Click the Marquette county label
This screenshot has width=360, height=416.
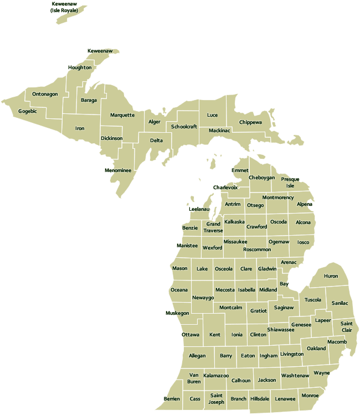tap(122, 115)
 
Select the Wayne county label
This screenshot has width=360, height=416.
tap(321, 373)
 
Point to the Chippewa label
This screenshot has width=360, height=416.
tap(250, 122)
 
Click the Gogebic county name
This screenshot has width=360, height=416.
tap(27, 111)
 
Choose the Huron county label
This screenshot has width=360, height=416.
tap(331, 276)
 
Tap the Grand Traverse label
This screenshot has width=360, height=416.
tap(213, 227)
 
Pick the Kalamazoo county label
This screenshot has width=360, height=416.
tap(216, 376)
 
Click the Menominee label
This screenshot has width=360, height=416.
tap(118, 170)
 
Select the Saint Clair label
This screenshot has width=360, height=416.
tap(346, 326)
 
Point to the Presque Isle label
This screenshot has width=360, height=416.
tap(290, 183)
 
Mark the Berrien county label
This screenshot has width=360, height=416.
tap(172, 399)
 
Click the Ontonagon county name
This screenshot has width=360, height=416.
tap(45, 94)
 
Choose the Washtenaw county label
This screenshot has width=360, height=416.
tap(295, 376)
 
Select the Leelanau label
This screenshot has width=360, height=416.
tap(199, 209)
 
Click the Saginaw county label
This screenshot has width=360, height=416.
tap(284, 308)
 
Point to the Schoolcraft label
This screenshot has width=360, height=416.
tap(184, 127)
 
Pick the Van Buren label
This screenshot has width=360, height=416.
tap(194, 378)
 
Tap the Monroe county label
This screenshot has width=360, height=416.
tap(309, 396)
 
